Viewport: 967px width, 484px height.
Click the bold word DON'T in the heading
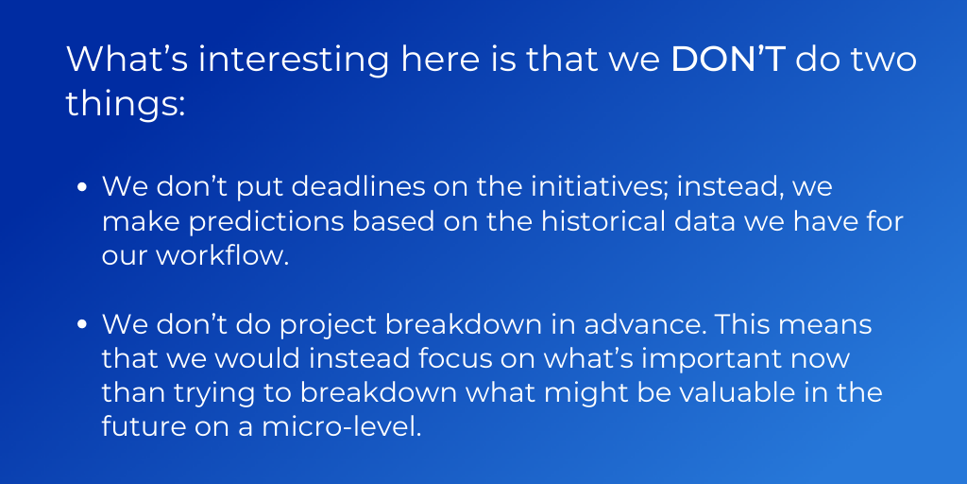[728, 60]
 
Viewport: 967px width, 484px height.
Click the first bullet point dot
[81, 188]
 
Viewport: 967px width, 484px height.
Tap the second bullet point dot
[81, 326]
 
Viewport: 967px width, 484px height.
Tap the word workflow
[222, 256]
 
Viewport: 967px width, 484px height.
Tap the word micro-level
[342, 429]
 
